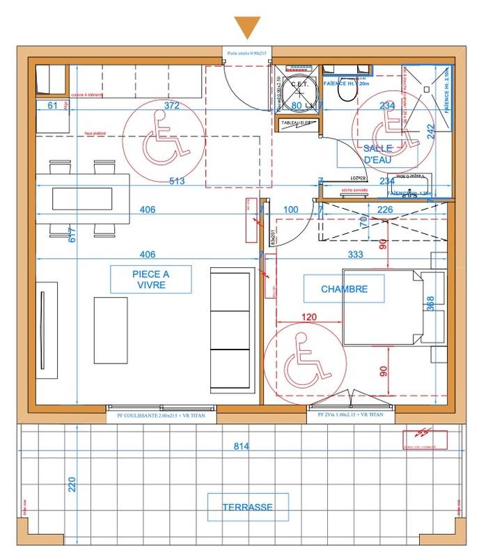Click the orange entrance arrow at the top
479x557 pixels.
coord(247,26)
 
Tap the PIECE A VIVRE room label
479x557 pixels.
coord(150,279)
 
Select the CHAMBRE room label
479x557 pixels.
coord(343,288)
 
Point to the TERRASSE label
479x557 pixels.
coord(247,507)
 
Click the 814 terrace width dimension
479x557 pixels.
coord(241,446)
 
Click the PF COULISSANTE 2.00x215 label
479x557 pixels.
coord(160,416)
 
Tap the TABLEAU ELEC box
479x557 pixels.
coord(299,123)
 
